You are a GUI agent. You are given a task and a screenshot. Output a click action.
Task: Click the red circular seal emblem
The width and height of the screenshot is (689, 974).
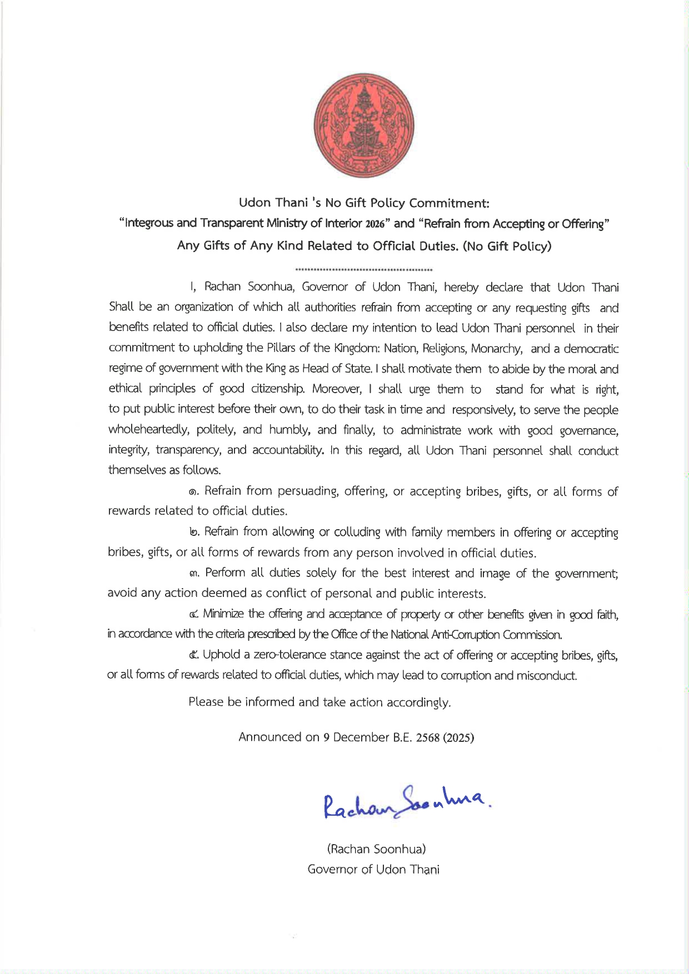[x=364, y=123]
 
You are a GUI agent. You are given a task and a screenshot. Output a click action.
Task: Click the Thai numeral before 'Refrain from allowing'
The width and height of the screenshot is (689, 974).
[x=193, y=532]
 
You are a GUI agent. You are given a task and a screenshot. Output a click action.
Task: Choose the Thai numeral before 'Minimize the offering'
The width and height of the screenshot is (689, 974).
[x=193, y=614]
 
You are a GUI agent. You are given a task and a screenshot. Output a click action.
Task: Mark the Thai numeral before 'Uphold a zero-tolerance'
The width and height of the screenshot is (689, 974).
[x=193, y=655]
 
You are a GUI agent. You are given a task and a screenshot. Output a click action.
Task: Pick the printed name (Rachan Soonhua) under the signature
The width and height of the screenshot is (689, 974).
[x=377, y=849]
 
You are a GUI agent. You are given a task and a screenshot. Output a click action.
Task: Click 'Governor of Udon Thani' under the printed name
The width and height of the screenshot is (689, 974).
[x=373, y=870]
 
